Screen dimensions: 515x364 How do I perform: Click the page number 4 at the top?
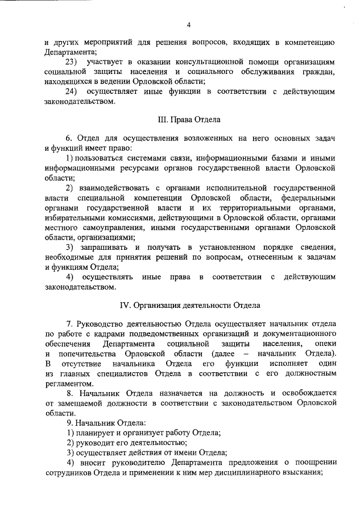[x=188, y=24]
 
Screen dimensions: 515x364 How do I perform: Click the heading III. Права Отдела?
[x=188, y=120]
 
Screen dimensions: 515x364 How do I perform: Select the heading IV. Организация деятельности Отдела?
[x=188, y=304]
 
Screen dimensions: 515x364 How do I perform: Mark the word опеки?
[x=326, y=345]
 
